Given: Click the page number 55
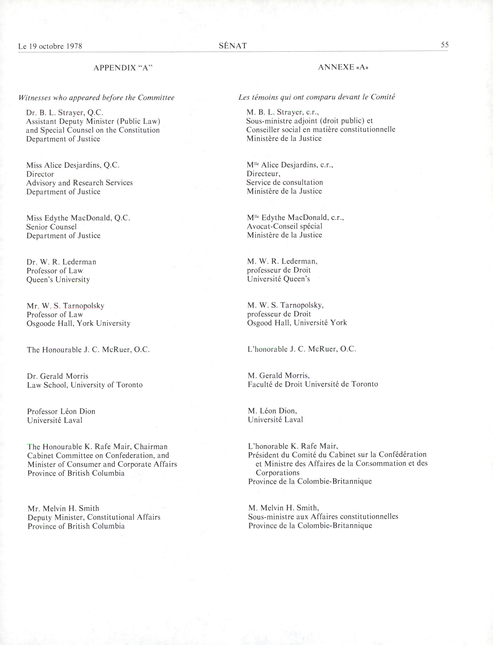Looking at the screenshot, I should coord(445,45).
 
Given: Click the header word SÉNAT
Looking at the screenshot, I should coord(233,46).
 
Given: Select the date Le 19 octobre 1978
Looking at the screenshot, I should coord(50,46).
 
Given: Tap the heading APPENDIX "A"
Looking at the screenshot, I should coord(123,68).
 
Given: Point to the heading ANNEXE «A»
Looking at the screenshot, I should coord(343,67).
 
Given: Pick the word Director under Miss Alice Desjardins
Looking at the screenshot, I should coord(40,174).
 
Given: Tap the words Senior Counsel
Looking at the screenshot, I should coord(51,227).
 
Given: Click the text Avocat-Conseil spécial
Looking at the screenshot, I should coord(285,226).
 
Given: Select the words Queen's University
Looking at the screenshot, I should coord(58,279).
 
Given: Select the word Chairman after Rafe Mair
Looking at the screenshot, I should coord(151,447).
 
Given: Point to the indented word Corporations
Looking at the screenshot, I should coord(278,473).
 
